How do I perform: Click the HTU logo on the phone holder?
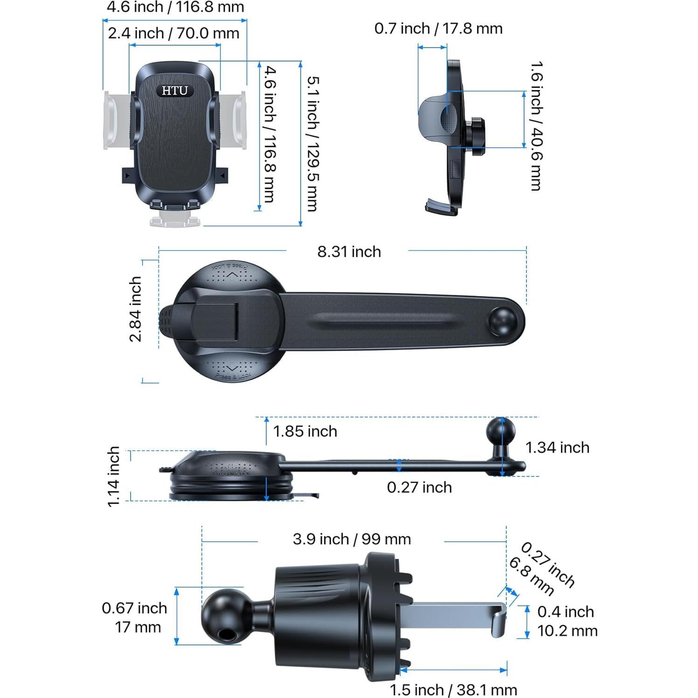[175, 90]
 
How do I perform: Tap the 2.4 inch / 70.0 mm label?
[173, 34]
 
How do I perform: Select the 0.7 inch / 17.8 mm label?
[438, 28]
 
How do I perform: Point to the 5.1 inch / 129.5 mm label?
[313, 144]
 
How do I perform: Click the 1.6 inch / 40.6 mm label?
[536, 126]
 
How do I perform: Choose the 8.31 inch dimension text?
[349, 252]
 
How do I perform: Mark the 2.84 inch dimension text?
[135, 309]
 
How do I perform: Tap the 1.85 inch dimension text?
[305, 431]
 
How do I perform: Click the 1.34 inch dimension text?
[557, 448]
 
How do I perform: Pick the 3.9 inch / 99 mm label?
[352, 539]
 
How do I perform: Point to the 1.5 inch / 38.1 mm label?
[453, 690]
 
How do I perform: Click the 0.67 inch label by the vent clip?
[134, 608]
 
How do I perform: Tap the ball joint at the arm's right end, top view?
[502, 321]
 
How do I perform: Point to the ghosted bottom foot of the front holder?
[175, 219]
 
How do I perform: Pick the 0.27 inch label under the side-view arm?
[419, 488]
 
